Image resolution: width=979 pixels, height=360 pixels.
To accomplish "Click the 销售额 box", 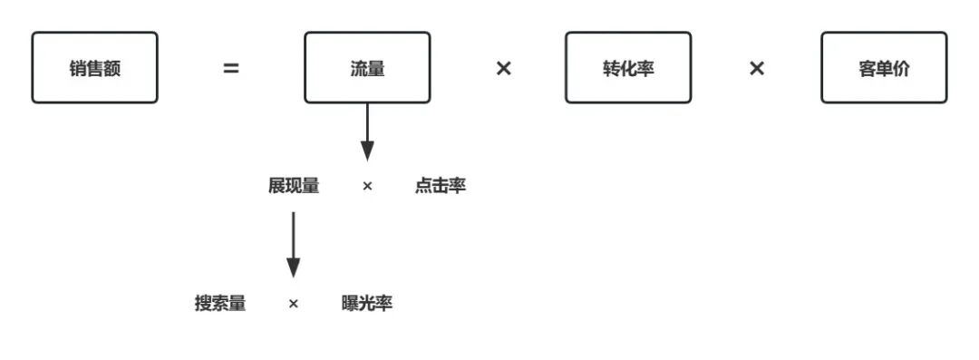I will coord(94,68).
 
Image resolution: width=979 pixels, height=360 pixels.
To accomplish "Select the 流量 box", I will coord(367,68).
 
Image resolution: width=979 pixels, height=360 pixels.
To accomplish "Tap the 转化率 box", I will coord(628,68).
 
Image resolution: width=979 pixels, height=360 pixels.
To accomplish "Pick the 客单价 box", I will coord(884,68).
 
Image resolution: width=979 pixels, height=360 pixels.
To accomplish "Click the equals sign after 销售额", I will coord(231,68).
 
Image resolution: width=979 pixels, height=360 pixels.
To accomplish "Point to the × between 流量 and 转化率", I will coord(503,68).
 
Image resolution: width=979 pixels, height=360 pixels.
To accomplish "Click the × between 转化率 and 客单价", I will coord(757,68).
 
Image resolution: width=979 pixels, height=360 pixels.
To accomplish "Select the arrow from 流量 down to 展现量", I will coord(367,131).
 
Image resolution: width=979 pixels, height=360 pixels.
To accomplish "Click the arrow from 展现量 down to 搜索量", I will coord(293,243).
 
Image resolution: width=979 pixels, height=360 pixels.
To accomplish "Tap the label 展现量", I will coord(294,186).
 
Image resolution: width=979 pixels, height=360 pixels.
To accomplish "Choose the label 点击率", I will coord(441,186).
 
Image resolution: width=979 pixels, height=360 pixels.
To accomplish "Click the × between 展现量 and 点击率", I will coord(367,186).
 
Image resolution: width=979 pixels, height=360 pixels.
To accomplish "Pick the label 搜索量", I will coord(219,303).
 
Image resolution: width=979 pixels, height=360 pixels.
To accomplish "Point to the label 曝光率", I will coord(367,303).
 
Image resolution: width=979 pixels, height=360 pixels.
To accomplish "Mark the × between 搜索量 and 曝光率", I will coord(293,304).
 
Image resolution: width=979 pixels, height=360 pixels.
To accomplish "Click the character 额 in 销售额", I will coord(111,68).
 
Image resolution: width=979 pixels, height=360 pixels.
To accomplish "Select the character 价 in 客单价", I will coord(901,68).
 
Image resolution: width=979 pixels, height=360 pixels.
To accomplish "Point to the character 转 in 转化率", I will coord(612,68).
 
